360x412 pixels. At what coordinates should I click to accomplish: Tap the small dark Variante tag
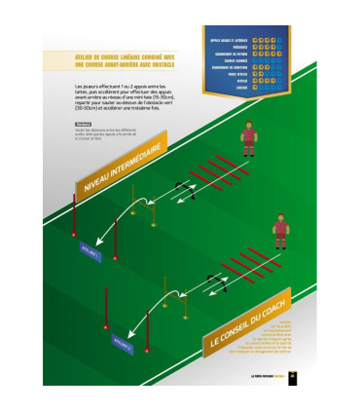click(x=83, y=124)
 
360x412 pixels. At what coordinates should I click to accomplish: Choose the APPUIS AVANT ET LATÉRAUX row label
click(x=231, y=39)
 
